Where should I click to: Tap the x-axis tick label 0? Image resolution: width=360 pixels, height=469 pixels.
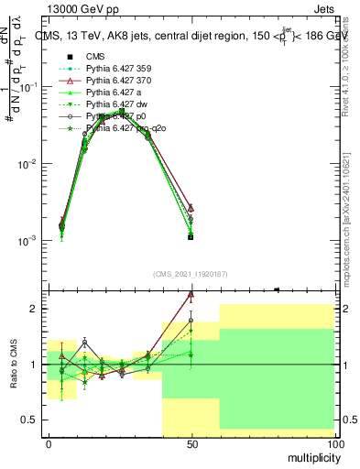coord(49,443)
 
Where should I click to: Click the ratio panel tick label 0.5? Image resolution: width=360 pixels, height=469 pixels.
coord(28,420)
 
